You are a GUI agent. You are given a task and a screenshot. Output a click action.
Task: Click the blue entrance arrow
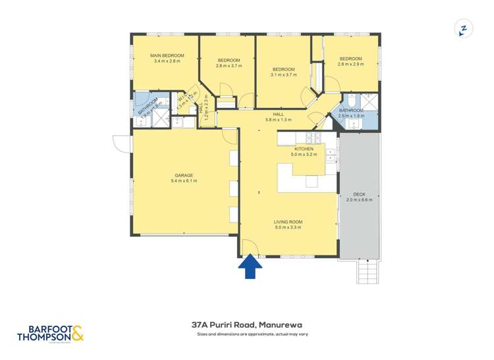[x=250, y=267]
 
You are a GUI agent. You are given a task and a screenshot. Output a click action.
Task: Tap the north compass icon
[x=463, y=29]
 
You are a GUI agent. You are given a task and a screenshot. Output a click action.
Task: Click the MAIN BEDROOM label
[x=167, y=55]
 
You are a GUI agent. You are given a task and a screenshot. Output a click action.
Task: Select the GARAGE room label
[x=184, y=175]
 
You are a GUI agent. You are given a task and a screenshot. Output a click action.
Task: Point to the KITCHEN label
[x=304, y=149]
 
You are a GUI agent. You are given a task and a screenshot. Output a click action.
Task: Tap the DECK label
[x=359, y=194]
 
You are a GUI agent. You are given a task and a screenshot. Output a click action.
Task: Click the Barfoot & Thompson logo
[x=51, y=332]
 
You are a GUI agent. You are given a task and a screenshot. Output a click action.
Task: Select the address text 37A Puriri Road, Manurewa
[x=246, y=324]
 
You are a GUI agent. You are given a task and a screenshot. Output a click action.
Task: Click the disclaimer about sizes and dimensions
[x=253, y=334]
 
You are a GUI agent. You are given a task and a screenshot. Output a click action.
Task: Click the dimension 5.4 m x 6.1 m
[x=184, y=180]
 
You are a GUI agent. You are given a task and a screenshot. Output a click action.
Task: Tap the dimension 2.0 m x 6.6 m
[x=359, y=199]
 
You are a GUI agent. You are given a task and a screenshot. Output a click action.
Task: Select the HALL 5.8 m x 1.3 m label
[x=278, y=117]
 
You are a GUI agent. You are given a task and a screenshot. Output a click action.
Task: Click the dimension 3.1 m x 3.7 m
[x=284, y=74]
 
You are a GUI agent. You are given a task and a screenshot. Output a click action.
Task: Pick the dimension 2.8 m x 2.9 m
[x=350, y=65]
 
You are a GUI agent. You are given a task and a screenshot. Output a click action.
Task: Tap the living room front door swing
[x=249, y=247]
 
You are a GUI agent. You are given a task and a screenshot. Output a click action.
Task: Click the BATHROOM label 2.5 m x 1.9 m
[x=350, y=113]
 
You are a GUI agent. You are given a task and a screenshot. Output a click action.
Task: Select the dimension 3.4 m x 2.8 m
[x=167, y=61]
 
